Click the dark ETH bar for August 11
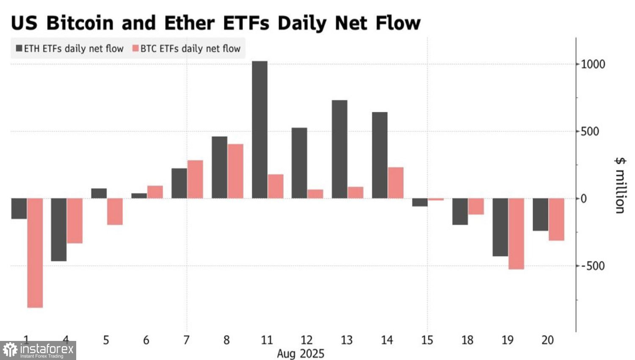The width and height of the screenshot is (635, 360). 260,130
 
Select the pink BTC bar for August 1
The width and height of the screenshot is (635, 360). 35,253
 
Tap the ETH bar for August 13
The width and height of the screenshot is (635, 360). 340,149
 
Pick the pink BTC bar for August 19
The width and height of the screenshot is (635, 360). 516,234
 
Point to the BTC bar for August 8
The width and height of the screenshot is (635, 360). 235,171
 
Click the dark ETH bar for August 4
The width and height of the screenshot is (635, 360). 59,230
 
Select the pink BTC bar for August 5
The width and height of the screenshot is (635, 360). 115,211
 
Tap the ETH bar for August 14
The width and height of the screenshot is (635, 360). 380,155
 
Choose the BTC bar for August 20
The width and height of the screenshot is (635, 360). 556,219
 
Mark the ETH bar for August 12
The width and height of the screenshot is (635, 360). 299,163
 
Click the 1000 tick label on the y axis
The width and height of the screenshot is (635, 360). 593,64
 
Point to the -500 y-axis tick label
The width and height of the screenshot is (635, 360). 593,266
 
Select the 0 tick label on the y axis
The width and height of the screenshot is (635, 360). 584,199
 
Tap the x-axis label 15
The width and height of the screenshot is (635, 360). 427,340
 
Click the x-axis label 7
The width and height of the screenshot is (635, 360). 186,340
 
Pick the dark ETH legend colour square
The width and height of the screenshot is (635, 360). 19,48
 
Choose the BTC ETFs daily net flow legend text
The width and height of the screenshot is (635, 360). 190,49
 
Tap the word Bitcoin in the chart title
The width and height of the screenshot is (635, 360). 80,23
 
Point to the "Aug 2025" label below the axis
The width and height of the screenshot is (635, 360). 301,353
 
